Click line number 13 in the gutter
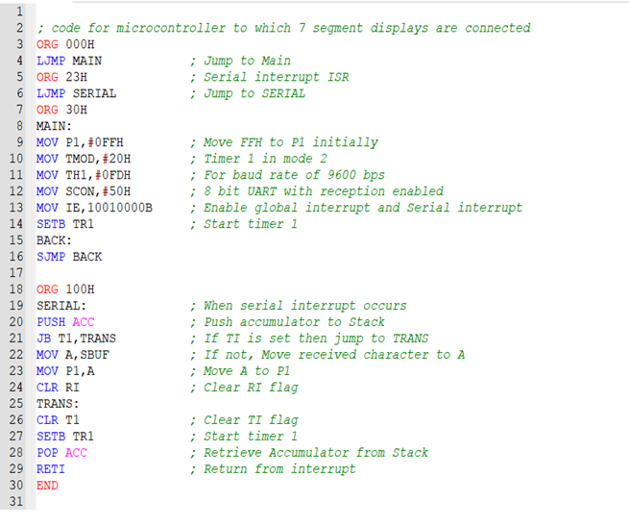pyautogui.click(x=16, y=208)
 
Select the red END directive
pyautogui.click(x=47, y=486)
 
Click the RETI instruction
pyautogui.click(x=51, y=469)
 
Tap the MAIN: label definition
pyautogui.click(x=54, y=126)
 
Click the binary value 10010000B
pyautogui.click(x=120, y=208)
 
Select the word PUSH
pyautogui.click(x=51, y=322)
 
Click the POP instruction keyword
pyautogui.click(x=47, y=453)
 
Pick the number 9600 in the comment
pyautogui.click(x=341, y=175)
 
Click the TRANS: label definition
pyautogui.click(x=58, y=404)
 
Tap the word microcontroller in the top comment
pyautogui.click(x=171, y=28)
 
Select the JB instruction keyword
pyautogui.click(x=44, y=339)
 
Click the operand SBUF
pyautogui.click(x=95, y=355)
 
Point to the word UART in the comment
pyautogui.click(x=261, y=191)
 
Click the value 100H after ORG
pyautogui.click(x=80, y=289)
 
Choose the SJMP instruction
pyautogui.click(x=51, y=257)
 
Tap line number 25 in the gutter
pyautogui.click(x=16, y=404)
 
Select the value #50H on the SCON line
pyautogui.click(x=116, y=191)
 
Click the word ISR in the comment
pyautogui.click(x=338, y=77)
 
